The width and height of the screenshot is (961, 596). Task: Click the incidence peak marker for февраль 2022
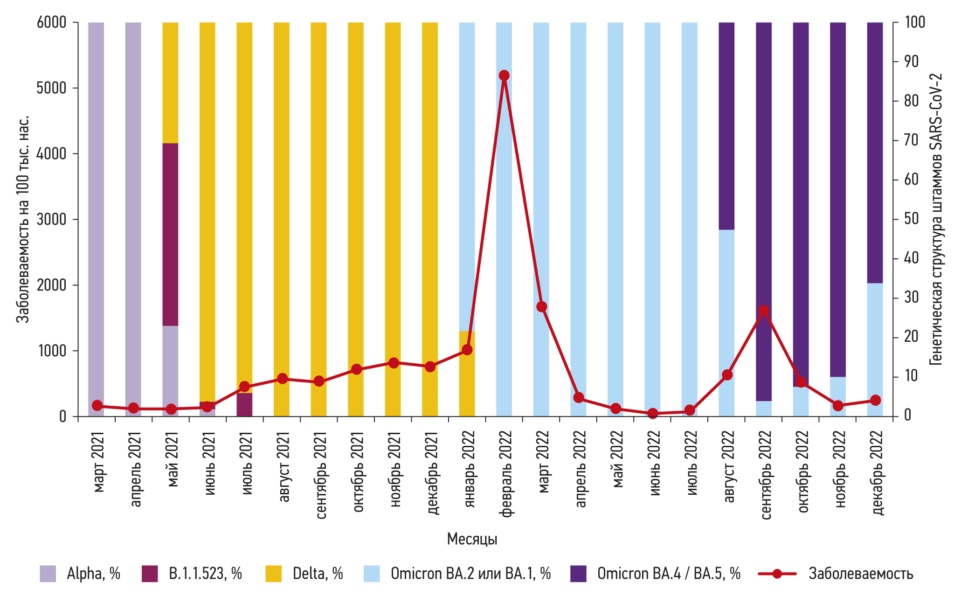click(x=504, y=76)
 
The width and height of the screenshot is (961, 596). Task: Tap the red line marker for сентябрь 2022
click(x=763, y=311)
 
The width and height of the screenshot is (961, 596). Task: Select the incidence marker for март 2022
click(x=541, y=306)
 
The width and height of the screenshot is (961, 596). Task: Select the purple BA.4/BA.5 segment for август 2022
click(x=726, y=126)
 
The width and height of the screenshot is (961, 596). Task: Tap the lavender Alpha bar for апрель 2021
click(x=133, y=210)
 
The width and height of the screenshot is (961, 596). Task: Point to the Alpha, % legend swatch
click(x=48, y=574)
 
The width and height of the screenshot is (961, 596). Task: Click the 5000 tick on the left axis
click(x=51, y=88)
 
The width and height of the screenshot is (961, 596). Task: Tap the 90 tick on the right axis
click(x=911, y=62)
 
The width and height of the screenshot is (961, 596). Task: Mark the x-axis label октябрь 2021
click(x=357, y=471)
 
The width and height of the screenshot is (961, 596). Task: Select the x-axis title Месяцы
click(x=472, y=539)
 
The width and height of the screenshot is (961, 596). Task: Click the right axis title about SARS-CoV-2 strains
click(x=936, y=219)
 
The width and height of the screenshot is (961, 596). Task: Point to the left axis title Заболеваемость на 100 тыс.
click(x=22, y=219)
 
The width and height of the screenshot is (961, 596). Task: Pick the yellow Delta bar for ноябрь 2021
click(x=393, y=187)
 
